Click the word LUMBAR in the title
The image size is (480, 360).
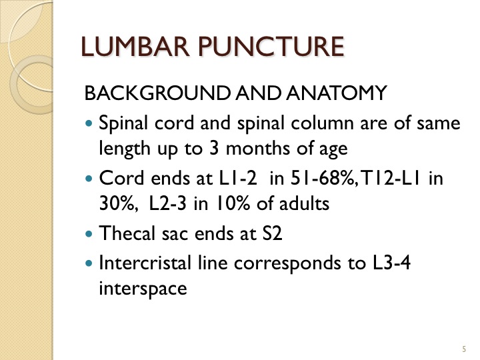point(135,47)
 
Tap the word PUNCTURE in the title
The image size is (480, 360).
point(271,47)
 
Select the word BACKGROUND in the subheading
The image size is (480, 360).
point(157,93)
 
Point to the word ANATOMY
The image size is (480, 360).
point(337,93)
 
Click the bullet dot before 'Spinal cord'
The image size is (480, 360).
point(89,124)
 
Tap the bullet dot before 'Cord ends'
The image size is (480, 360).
point(89,179)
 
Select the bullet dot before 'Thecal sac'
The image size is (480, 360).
point(89,234)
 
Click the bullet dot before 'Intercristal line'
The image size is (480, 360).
point(89,263)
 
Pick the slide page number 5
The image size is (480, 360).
point(465,349)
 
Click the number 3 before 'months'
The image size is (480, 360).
point(214,148)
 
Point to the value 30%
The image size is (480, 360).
point(117,203)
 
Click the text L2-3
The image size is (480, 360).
point(167,203)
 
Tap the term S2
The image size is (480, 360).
point(272,233)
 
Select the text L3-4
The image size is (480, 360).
point(391,263)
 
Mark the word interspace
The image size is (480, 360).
point(143,289)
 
